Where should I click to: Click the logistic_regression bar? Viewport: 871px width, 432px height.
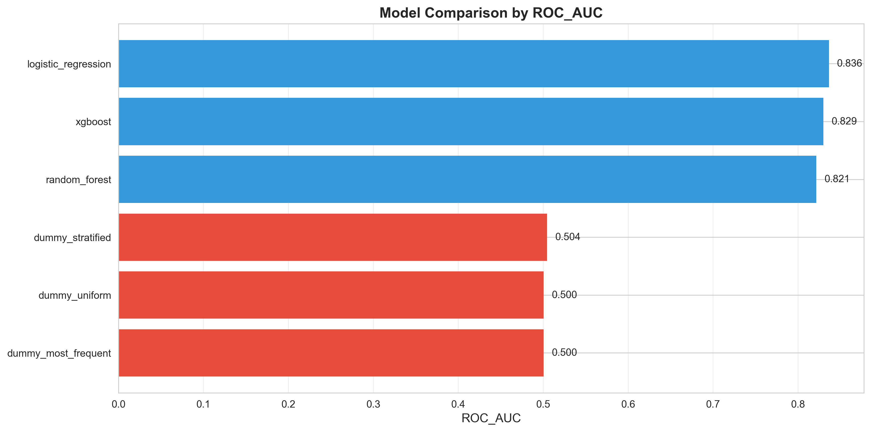[473, 64]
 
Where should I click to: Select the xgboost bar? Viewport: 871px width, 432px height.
[471, 122]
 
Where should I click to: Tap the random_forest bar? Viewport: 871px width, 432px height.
[467, 179]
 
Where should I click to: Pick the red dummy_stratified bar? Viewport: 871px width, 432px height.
[333, 237]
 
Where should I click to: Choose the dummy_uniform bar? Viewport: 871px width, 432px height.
[331, 295]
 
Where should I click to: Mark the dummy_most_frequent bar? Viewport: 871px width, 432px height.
[331, 353]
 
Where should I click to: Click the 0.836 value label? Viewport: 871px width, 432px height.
[849, 63]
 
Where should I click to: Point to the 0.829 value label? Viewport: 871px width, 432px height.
[844, 121]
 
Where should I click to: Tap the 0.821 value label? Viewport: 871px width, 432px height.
[837, 179]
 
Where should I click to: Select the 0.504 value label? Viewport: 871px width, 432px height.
[567, 237]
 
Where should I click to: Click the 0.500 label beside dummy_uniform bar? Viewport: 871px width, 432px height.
[564, 295]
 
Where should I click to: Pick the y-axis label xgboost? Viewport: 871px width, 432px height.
[93, 122]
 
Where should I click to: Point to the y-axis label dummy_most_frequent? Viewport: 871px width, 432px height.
[59, 353]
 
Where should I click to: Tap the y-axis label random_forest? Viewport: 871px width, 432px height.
[78, 180]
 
